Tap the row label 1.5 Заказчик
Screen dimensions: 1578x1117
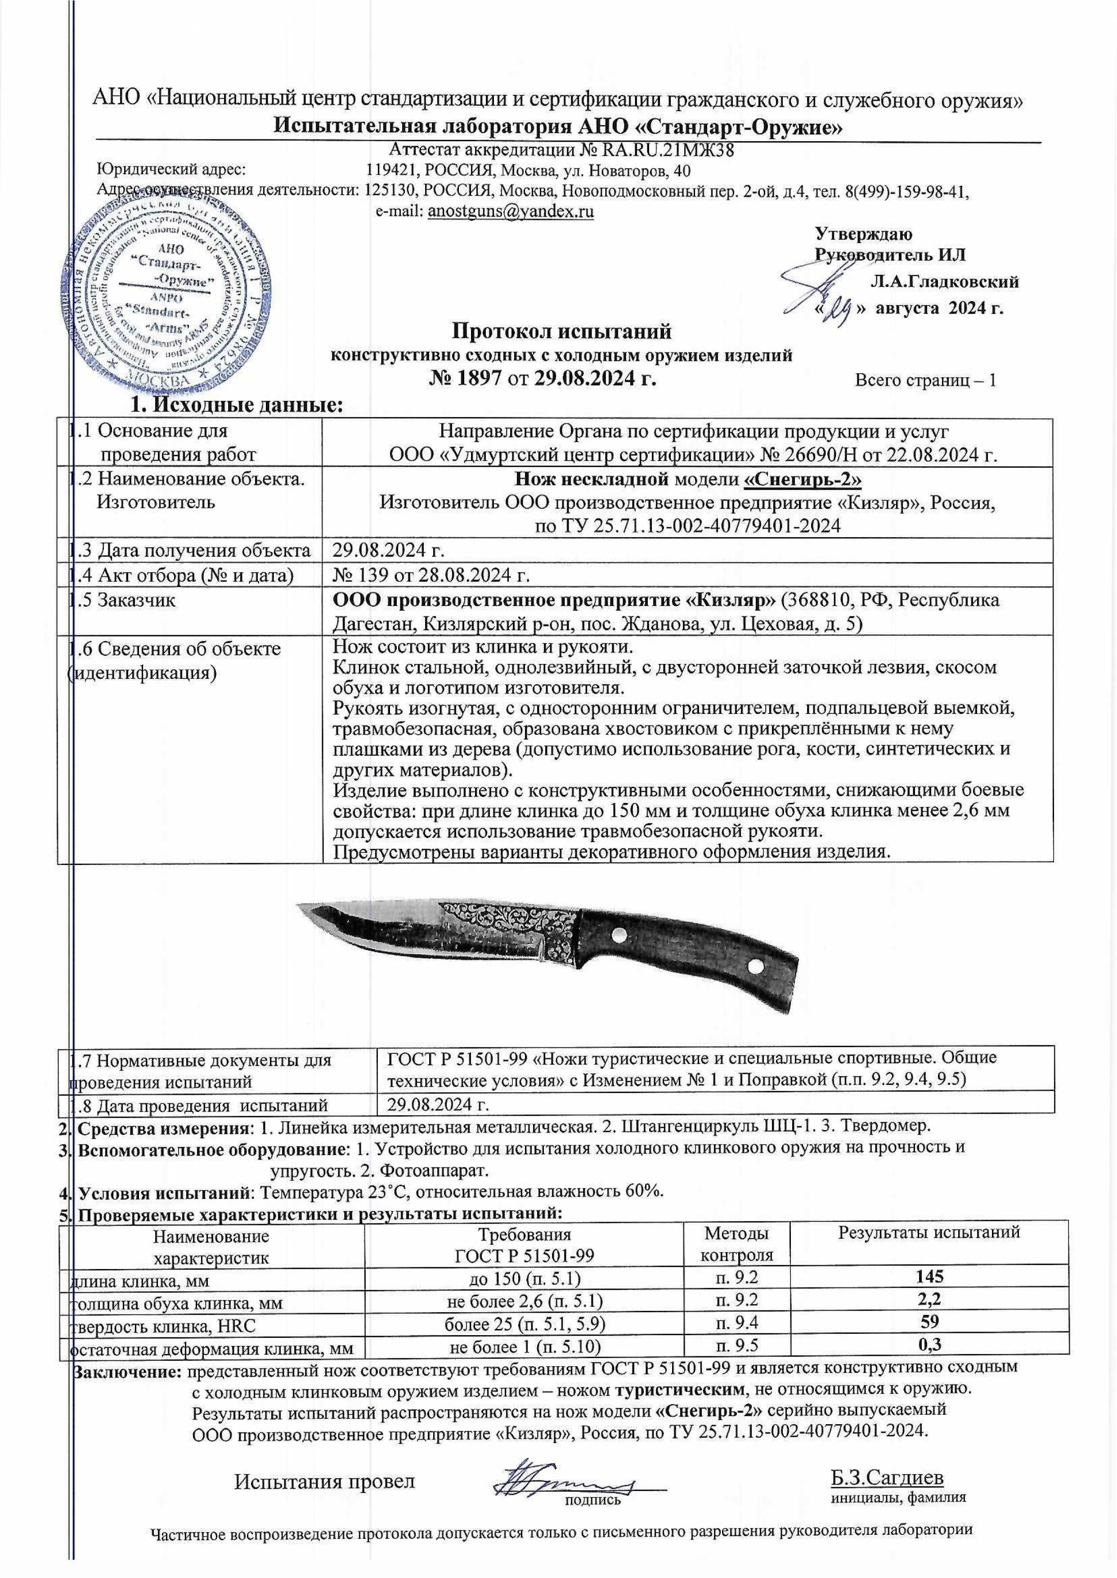click(x=127, y=600)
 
